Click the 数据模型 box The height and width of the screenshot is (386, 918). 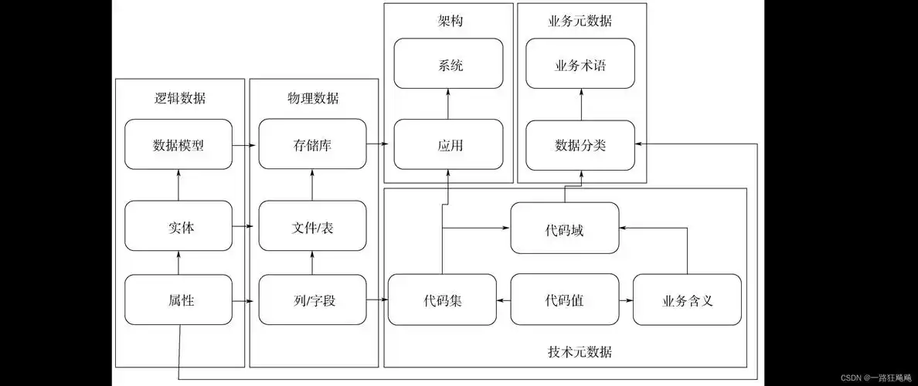click(178, 144)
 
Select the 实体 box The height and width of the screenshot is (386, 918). click(178, 225)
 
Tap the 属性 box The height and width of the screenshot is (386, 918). click(178, 300)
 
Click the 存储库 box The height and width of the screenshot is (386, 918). click(312, 144)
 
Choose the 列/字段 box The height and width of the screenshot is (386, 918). click(312, 300)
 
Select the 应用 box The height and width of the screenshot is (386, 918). click(448, 144)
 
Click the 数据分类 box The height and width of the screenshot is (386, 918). click(580, 144)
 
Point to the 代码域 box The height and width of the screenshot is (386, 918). click(565, 228)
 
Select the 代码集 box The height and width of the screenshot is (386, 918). click(442, 300)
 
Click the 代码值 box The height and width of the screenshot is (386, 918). click(565, 300)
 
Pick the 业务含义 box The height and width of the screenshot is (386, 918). click(687, 300)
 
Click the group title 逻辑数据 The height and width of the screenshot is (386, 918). click(179, 99)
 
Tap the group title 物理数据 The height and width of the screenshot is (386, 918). click(312, 99)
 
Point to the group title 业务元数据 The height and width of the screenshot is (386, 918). click(580, 22)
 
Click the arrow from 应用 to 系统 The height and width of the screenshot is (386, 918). click(448, 103)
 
